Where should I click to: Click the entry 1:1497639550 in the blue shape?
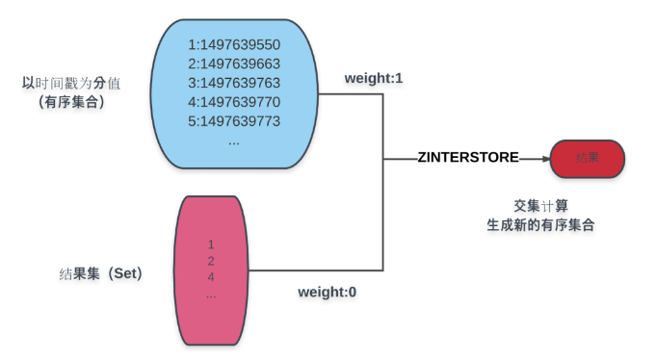pyautogui.click(x=234, y=44)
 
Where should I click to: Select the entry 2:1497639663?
pyautogui.click(x=234, y=64)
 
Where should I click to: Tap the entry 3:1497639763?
pyautogui.click(x=234, y=83)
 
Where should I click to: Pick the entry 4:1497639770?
pyautogui.click(x=234, y=102)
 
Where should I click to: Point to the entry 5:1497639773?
pyautogui.click(x=234, y=121)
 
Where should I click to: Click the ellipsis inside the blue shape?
pyautogui.click(x=234, y=141)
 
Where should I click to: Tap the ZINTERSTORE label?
pyautogui.click(x=468, y=157)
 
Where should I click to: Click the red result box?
pyautogui.click(x=587, y=158)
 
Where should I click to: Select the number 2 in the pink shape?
pyautogui.click(x=210, y=261)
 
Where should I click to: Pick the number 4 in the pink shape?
pyautogui.click(x=210, y=277)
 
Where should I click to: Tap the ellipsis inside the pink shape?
pyautogui.click(x=210, y=294)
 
